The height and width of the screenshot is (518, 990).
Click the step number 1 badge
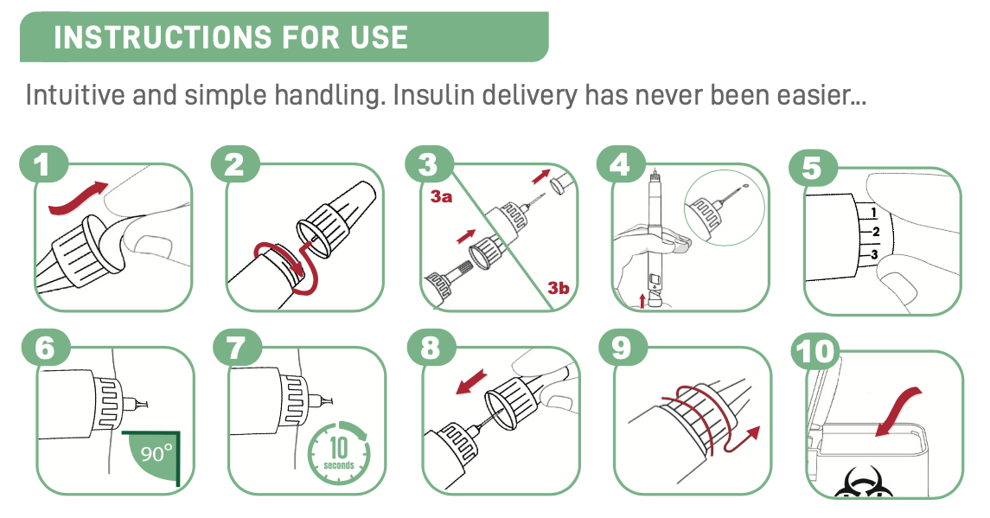click(42, 165)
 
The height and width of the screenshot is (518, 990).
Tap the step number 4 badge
click(619, 165)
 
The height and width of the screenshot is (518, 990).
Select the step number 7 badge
click(235, 348)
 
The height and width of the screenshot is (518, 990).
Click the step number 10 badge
click(815, 351)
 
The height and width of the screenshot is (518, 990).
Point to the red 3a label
click(441, 196)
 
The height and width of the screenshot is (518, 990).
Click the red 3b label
click(559, 288)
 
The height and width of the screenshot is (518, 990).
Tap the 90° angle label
click(156, 453)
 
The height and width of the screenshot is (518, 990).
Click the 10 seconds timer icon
click(339, 453)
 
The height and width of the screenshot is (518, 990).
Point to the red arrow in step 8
click(471, 382)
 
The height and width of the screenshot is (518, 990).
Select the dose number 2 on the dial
click(875, 232)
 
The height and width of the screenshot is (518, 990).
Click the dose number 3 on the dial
click(874, 255)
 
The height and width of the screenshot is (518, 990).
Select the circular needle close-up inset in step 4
click(725, 208)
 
